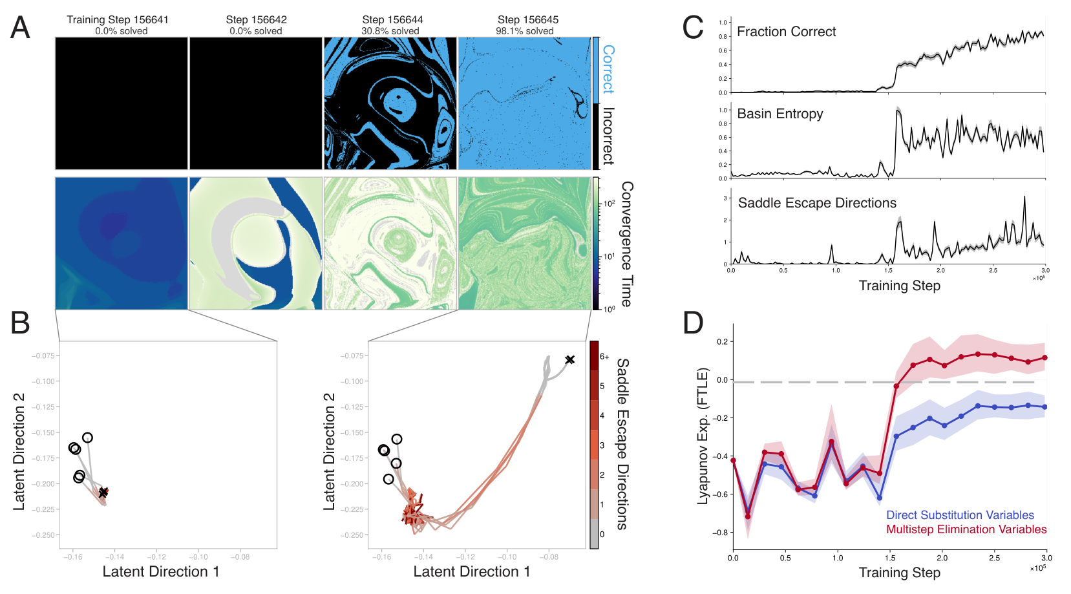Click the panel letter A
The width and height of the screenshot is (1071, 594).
(x=20, y=28)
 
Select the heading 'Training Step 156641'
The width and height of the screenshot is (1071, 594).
(x=118, y=19)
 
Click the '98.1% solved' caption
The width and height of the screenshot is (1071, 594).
(x=524, y=31)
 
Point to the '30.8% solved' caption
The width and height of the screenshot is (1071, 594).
(x=390, y=31)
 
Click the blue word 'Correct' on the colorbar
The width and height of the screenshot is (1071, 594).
(x=608, y=69)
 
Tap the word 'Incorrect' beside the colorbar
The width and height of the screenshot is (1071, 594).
(x=608, y=136)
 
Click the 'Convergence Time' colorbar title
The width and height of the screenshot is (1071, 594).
(x=627, y=244)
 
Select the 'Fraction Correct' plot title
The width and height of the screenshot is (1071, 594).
(x=786, y=32)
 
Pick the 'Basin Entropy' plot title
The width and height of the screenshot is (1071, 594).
(x=780, y=114)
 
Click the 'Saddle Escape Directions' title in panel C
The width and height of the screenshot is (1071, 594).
(x=817, y=203)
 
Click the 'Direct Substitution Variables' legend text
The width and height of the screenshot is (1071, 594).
(x=960, y=515)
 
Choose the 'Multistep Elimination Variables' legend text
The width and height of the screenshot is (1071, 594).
(x=966, y=529)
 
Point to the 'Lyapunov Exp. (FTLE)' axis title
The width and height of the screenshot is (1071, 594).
(x=703, y=437)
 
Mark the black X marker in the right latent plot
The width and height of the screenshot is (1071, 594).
(x=569, y=359)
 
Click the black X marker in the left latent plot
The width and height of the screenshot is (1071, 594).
(x=103, y=493)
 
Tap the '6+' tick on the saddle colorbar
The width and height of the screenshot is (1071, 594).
(x=604, y=357)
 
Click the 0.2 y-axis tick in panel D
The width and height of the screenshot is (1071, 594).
(x=722, y=342)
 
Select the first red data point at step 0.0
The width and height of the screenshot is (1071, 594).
(x=733, y=461)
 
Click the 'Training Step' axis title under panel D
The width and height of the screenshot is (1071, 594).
(x=899, y=573)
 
